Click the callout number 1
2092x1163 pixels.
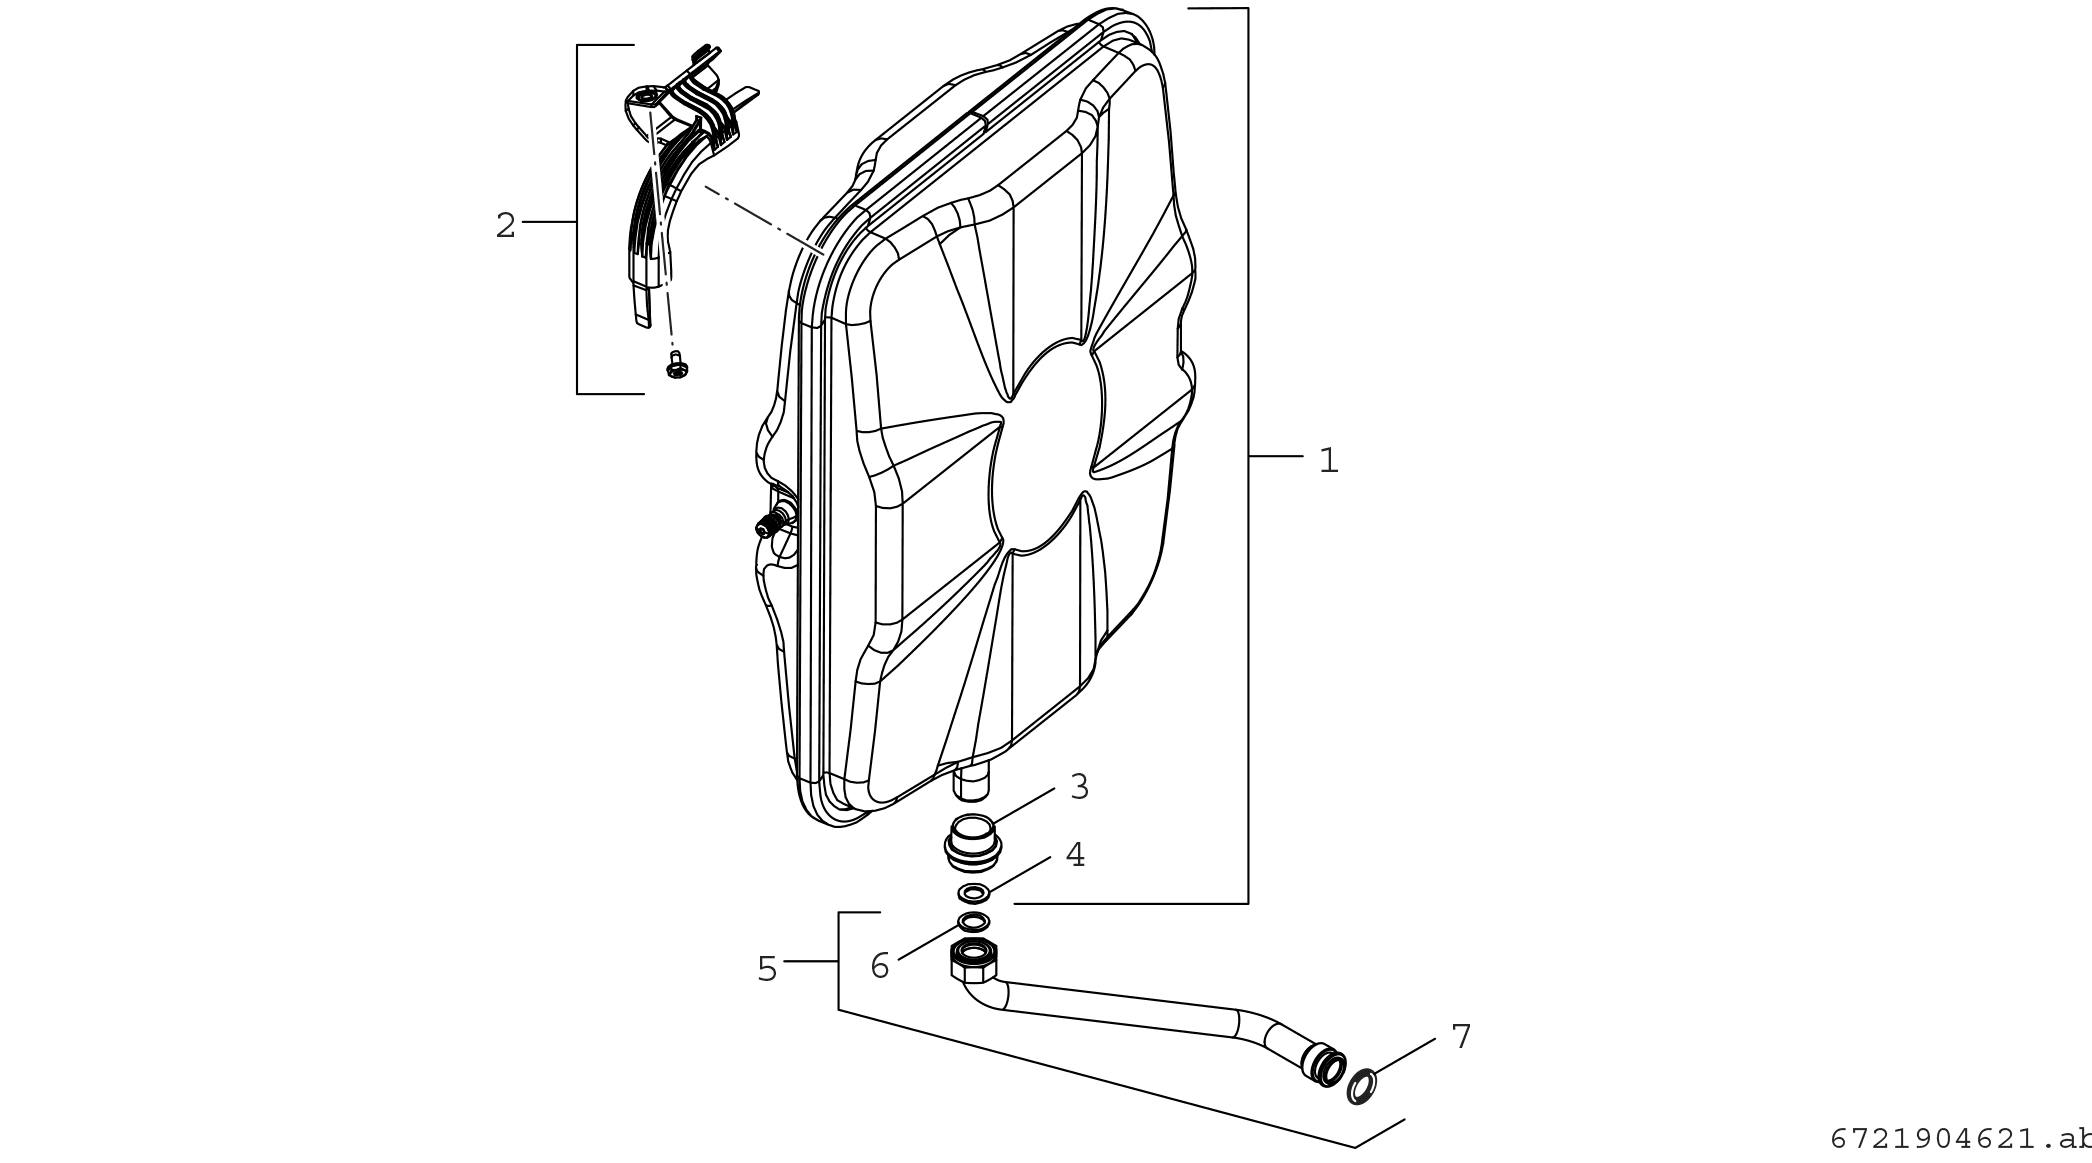click(x=1328, y=461)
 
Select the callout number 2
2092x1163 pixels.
click(x=505, y=226)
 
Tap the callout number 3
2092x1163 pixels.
click(x=1079, y=788)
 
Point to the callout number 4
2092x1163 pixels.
click(x=1075, y=855)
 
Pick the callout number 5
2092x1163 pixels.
click(x=767, y=969)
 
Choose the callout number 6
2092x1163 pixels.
click(x=880, y=967)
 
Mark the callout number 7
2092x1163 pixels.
click(x=1461, y=1037)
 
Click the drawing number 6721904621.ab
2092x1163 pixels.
click(x=1960, y=1139)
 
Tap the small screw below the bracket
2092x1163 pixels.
click(x=677, y=366)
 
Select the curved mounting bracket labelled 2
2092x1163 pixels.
click(x=660, y=190)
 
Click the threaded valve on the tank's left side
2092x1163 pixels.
click(x=772, y=522)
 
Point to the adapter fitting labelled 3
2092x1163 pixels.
click(x=972, y=842)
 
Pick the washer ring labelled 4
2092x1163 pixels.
click(x=974, y=892)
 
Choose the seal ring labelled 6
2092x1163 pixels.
click(x=974, y=921)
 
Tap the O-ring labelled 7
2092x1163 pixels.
click(x=1361, y=1086)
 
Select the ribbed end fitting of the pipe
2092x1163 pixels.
click(x=1326, y=1066)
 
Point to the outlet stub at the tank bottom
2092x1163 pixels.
click(x=971, y=781)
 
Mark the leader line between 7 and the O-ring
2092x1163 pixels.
click(x=1405, y=1056)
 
